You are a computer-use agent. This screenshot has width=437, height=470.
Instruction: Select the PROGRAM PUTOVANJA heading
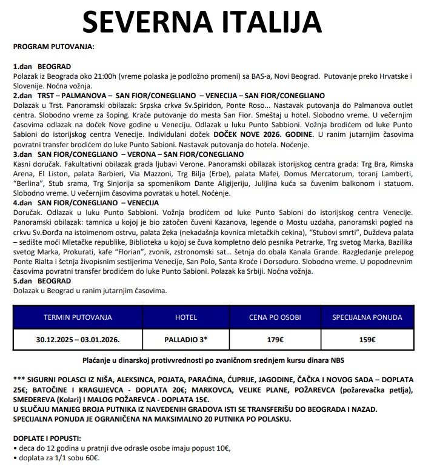tap(53, 46)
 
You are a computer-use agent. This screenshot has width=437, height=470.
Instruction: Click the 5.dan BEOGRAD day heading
tap(42, 281)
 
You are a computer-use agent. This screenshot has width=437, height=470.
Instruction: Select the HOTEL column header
tap(186, 317)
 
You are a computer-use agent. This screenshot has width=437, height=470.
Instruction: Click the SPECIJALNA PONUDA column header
tap(367, 317)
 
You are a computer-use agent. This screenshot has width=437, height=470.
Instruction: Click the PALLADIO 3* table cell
tap(186, 340)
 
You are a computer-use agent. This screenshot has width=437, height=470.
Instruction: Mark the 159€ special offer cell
tap(367, 340)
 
